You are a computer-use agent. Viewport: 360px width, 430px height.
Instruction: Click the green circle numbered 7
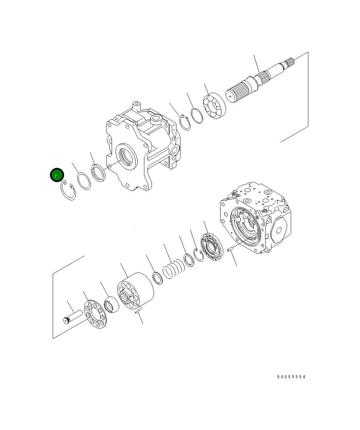[x=56, y=175]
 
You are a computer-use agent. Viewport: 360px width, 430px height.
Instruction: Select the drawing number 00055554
[x=291, y=377]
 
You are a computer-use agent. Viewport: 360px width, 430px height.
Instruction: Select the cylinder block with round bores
[x=135, y=292]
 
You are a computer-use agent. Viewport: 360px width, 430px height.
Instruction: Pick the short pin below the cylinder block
[x=137, y=312]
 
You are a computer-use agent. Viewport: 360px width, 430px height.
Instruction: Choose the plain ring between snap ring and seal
[x=84, y=181]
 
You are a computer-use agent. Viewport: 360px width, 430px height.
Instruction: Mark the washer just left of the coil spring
[x=157, y=278]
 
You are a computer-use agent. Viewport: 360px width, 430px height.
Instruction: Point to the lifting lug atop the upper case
[x=136, y=104]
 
